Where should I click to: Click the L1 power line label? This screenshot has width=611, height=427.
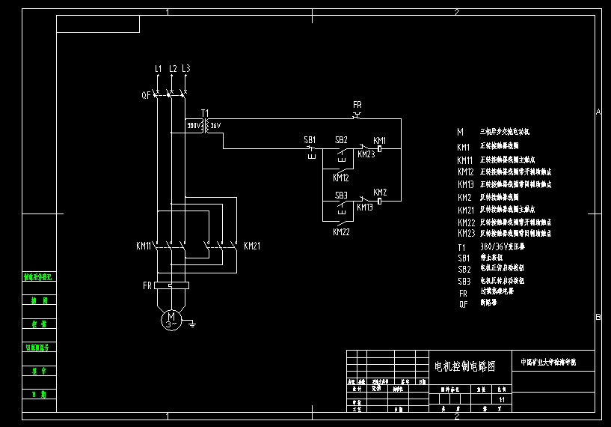(158, 69)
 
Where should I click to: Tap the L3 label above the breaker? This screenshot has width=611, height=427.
(186, 69)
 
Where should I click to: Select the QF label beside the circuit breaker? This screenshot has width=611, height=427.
(146, 95)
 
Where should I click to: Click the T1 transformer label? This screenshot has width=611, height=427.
(205, 112)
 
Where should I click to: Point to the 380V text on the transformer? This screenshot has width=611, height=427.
(194, 126)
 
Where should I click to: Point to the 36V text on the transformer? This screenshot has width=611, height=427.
(215, 126)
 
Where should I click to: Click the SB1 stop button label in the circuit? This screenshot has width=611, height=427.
(310, 140)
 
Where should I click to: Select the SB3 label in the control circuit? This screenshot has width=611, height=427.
(341, 196)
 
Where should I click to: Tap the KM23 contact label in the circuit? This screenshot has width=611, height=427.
(366, 155)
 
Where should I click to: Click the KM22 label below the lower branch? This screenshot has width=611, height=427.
(341, 232)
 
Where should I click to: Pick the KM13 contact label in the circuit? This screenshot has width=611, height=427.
(364, 208)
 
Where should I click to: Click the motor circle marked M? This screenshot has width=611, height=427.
(171, 320)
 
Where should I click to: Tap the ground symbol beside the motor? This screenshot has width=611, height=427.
(192, 324)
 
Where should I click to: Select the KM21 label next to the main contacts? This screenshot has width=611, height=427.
(252, 246)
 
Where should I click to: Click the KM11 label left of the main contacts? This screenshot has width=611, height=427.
(144, 246)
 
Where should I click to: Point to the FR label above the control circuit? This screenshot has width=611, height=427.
(357, 105)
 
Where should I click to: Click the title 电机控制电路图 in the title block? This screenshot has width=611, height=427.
(465, 366)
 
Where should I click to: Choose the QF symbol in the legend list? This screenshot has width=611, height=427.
(463, 304)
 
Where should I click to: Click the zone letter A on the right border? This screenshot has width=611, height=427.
(598, 112)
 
